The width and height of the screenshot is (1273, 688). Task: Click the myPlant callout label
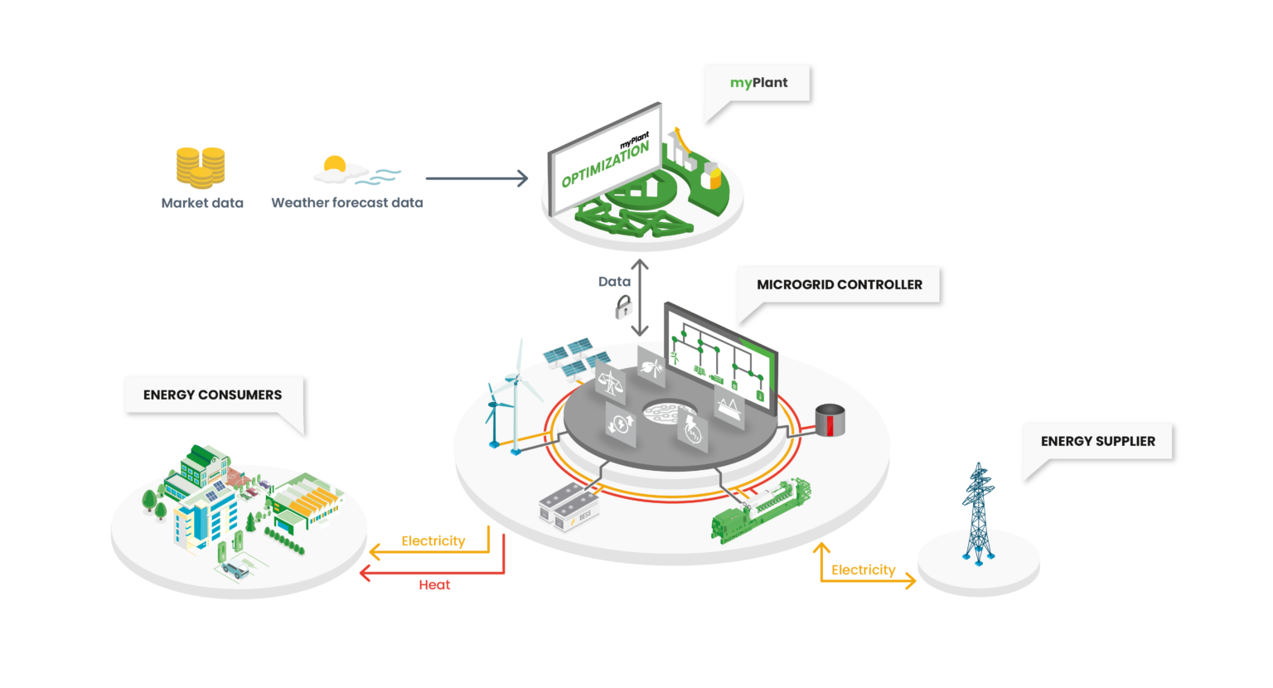[x=758, y=83]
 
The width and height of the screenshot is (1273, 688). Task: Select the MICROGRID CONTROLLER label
[x=839, y=284]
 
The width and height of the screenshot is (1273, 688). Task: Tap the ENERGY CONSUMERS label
[x=212, y=395]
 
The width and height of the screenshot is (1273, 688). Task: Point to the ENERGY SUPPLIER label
[x=1097, y=441]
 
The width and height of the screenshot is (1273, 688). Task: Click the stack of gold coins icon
[x=201, y=167]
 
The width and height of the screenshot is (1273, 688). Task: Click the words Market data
[x=202, y=203]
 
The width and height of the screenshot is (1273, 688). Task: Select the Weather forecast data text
[x=347, y=203]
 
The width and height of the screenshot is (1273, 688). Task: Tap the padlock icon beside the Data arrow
[x=622, y=309]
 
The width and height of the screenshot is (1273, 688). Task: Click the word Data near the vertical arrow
[x=614, y=282]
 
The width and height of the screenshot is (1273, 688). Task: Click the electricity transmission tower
[x=978, y=514]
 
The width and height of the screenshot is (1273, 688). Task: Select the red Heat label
[x=434, y=585]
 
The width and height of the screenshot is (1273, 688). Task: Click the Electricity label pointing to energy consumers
[x=433, y=541]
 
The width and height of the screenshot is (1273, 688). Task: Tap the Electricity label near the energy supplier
[x=864, y=570]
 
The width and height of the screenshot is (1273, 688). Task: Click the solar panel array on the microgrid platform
[x=569, y=355]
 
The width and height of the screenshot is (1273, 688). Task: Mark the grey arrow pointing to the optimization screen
[x=477, y=178]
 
